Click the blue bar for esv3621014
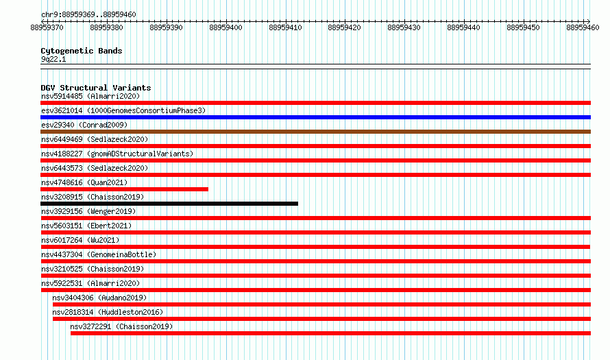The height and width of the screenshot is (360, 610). [x=315, y=117]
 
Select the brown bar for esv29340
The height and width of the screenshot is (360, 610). [x=315, y=132]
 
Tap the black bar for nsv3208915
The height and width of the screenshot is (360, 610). [x=169, y=204]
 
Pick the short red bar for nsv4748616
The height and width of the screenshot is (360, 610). [x=124, y=189]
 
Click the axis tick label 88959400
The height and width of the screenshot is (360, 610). [x=225, y=27]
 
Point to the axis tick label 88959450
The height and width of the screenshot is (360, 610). [x=523, y=27]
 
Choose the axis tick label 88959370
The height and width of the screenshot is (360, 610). [x=47, y=27]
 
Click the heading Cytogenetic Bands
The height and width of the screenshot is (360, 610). [x=82, y=51]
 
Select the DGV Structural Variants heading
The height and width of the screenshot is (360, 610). [x=96, y=88]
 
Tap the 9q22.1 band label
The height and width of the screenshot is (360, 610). [x=53, y=59]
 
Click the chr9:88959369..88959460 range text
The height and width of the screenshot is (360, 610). [x=88, y=14]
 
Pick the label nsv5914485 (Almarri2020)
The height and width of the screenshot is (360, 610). [x=90, y=96]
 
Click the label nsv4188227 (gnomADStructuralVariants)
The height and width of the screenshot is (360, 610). [x=117, y=154]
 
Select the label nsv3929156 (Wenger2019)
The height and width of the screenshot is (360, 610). [x=88, y=211]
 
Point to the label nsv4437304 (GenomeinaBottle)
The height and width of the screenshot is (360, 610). [x=99, y=254]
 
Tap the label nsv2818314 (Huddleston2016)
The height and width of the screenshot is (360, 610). [x=108, y=312]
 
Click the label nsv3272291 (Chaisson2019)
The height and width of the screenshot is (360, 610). [x=121, y=326]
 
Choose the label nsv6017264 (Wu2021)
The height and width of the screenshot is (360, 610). [x=80, y=240]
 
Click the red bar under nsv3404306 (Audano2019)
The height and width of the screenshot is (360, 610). [x=321, y=304]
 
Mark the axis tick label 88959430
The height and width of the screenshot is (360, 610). [x=404, y=27]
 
